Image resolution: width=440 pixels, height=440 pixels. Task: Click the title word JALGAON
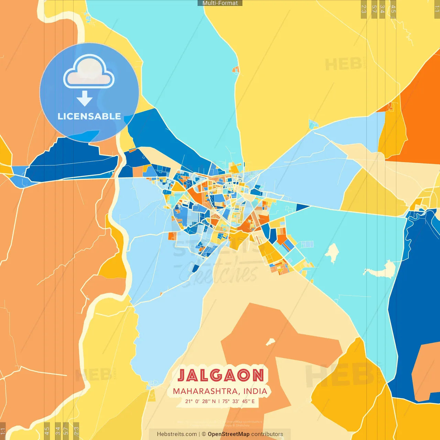(221, 375)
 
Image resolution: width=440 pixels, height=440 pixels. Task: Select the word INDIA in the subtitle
(255, 391)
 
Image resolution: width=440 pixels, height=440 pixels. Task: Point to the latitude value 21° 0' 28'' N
(200, 401)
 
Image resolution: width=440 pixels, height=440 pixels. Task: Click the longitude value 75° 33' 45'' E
(239, 401)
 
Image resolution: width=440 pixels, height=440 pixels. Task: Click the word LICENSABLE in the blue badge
(89, 116)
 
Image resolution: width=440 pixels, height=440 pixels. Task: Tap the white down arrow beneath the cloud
(85, 99)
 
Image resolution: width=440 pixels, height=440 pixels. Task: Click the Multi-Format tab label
(220, 3)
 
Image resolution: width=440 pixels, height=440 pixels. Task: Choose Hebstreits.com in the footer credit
(177, 434)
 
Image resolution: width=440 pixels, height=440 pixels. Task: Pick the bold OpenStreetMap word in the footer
(229, 434)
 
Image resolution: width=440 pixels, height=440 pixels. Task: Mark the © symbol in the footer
(203, 434)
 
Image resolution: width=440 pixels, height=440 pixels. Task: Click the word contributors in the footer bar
(267, 434)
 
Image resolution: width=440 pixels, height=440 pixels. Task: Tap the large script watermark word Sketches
(220, 273)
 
